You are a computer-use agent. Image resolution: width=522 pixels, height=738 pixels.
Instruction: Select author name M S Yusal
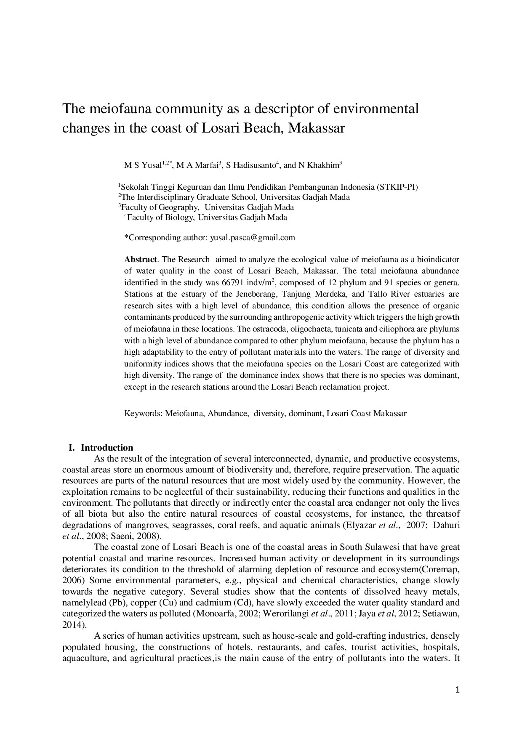(143, 165)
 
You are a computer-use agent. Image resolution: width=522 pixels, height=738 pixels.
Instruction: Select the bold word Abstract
(140, 259)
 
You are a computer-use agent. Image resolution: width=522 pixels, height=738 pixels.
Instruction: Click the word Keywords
(142, 414)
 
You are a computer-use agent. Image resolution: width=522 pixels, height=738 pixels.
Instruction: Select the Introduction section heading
(107, 448)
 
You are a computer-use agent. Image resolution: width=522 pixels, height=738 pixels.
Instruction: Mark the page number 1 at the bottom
(457, 690)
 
